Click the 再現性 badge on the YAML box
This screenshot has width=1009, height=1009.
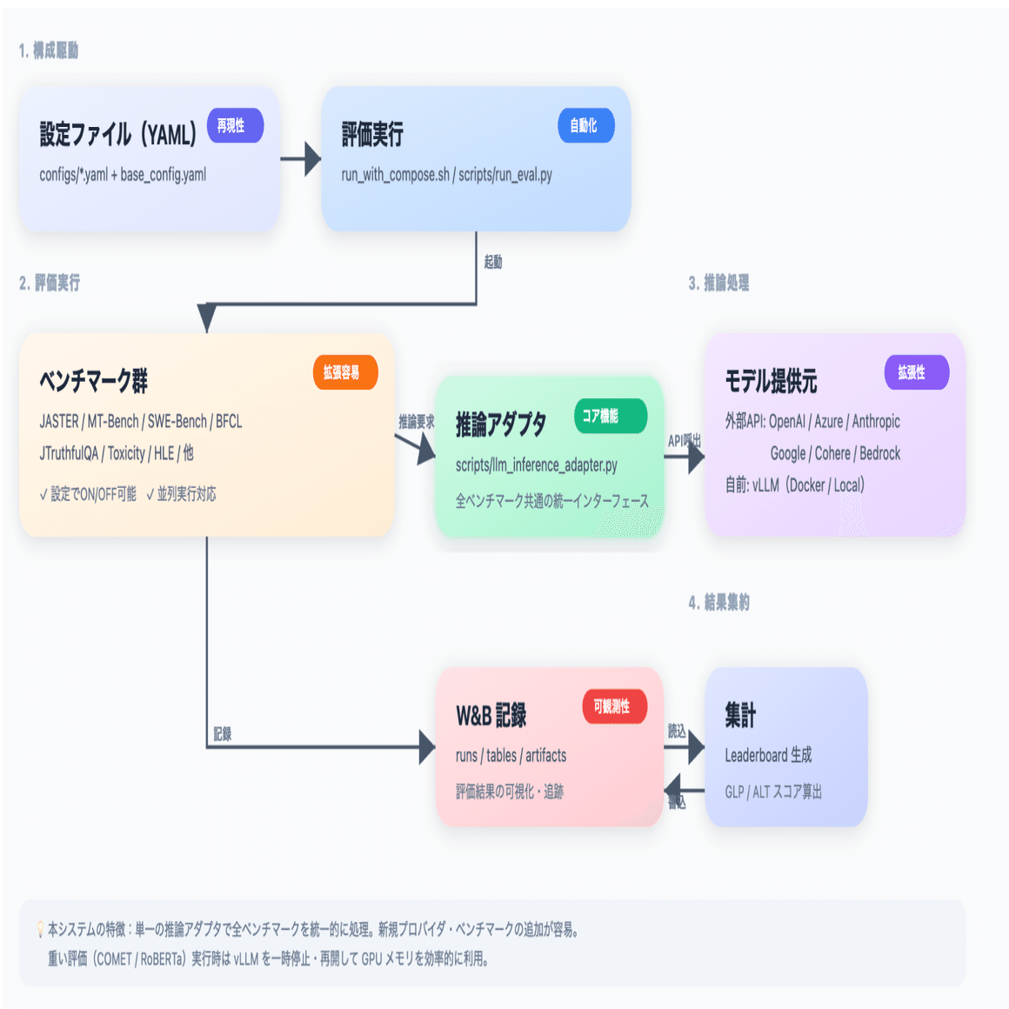235,126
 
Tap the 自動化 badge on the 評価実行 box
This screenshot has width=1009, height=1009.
585,126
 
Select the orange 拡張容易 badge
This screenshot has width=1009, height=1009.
344,372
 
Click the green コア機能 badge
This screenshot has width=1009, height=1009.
610,416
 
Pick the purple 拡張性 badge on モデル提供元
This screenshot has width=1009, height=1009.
916,372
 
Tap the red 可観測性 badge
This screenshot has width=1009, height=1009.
614,706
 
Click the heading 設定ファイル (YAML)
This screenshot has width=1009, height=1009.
118,135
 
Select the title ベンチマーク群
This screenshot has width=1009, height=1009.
93,381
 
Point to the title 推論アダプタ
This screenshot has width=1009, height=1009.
501,424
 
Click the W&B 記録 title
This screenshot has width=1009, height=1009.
491,716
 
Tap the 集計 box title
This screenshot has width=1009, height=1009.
740,715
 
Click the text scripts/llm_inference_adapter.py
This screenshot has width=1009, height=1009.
536,465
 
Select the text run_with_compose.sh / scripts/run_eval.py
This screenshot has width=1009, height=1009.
446,175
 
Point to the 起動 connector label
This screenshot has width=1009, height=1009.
493,262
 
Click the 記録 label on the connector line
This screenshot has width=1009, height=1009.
223,734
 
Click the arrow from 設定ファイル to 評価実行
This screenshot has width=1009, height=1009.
301,159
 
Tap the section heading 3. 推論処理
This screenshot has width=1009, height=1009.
718,283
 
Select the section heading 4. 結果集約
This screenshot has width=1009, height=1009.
718,602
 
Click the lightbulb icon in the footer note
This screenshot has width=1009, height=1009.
40,930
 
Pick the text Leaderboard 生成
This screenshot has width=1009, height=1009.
768,755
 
